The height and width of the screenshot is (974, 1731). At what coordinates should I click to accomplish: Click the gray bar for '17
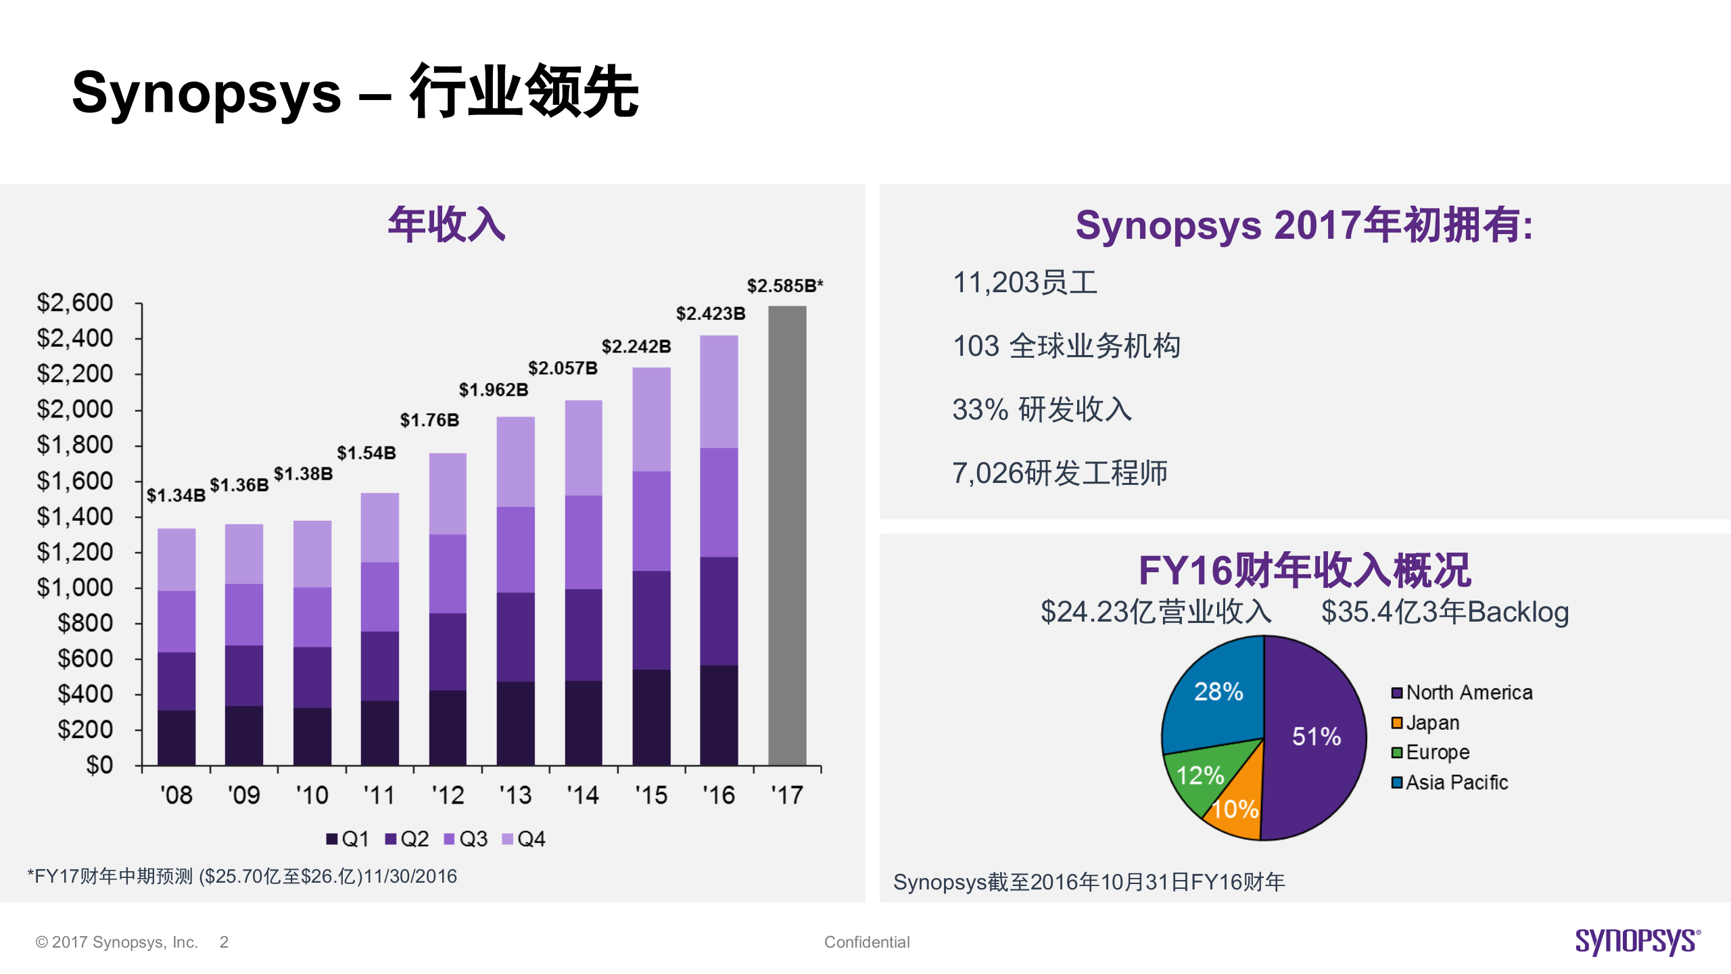point(787,534)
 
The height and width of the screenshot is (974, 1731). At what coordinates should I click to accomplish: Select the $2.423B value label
point(710,314)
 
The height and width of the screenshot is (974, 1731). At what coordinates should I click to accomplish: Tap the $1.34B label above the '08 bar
point(176,495)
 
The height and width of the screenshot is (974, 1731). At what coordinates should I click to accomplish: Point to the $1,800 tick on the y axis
point(75,445)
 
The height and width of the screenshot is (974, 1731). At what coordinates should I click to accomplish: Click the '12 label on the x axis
point(448,795)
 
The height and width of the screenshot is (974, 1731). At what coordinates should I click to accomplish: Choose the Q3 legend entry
point(466,839)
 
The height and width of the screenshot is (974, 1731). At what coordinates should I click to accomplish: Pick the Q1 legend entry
point(348,839)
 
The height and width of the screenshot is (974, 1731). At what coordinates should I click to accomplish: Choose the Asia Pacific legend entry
point(1450,783)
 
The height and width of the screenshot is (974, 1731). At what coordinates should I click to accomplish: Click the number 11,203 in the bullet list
point(995,283)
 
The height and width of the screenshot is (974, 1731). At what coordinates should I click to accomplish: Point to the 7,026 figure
point(987,473)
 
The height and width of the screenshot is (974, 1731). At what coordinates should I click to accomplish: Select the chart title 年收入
point(446,225)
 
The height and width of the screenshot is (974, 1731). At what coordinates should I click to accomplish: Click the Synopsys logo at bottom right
point(1637,941)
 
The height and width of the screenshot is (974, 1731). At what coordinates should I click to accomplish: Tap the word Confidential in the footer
point(866,942)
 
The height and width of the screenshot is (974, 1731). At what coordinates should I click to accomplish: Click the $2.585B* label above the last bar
point(784,286)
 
